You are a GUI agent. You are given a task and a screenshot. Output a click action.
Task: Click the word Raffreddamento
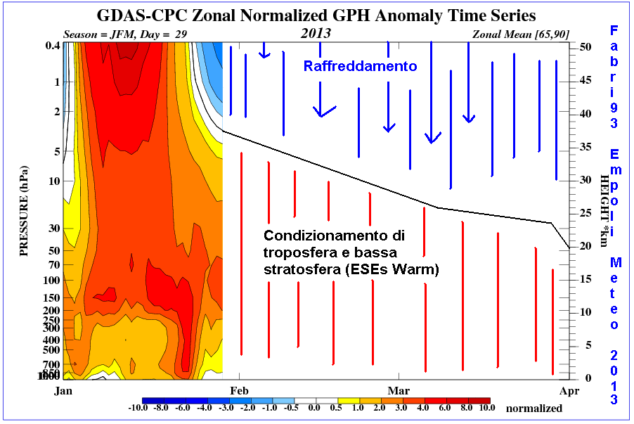361,66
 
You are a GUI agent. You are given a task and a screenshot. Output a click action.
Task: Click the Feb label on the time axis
240,389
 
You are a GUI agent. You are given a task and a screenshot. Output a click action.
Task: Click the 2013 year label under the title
316,34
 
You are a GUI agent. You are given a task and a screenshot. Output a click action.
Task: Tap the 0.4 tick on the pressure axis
51,46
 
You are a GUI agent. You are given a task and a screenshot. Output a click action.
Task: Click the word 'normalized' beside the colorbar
534,408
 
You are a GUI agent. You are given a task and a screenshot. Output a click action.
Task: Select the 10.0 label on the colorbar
486,408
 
